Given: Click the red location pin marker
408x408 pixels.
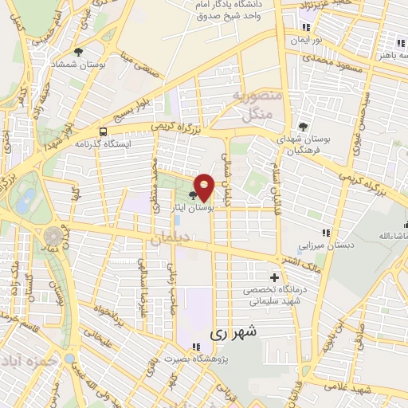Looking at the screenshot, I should click(204, 187).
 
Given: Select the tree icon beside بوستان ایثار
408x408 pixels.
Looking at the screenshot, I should click(194, 194).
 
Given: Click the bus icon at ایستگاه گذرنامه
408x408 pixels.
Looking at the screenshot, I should click(103, 131).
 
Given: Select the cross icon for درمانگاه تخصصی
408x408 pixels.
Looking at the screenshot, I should click(275, 278).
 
